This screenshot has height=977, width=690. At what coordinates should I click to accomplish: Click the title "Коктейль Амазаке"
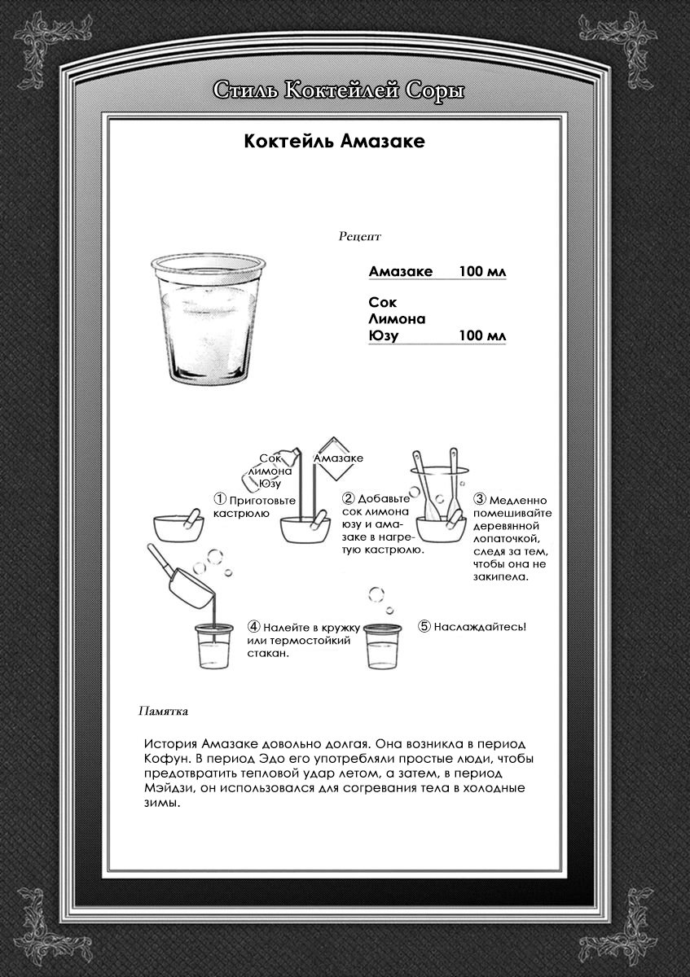click(335, 142)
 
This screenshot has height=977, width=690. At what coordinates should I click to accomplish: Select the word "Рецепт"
click(359, 237)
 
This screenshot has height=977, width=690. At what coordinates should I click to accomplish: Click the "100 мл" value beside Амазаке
click(482, 271)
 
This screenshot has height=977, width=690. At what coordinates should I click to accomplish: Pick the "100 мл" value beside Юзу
click(482, 336)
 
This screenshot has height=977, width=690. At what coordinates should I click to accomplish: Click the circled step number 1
click(220, 498)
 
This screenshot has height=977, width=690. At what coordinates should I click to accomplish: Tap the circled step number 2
click(349, 498)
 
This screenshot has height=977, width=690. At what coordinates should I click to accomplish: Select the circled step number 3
click(480, 499)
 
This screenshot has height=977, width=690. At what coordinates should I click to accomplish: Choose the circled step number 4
click(254, 627)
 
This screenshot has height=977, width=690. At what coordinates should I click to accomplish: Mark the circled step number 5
click(424, 627)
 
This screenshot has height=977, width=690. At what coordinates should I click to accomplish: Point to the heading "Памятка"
click(164, 710)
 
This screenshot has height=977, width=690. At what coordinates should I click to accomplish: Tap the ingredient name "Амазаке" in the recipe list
click(400, 271)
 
